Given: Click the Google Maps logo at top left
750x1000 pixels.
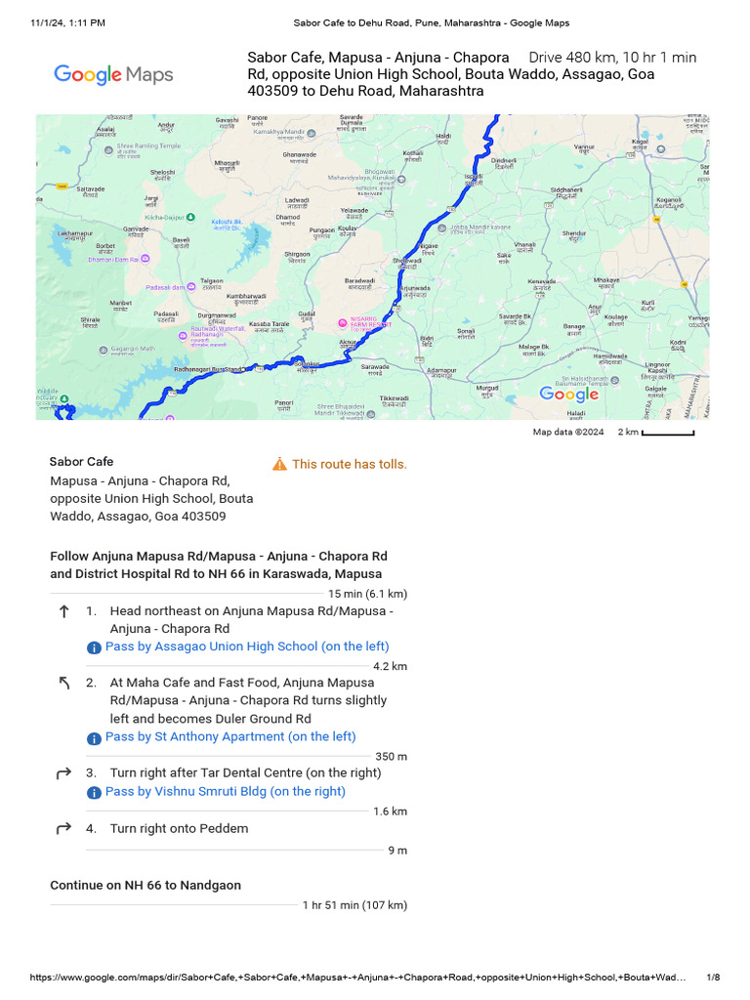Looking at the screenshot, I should click(x=113, y=74).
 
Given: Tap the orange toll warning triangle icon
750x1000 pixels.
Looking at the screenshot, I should click(x=279, y=464).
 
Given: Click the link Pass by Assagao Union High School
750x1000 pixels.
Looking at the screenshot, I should click(x=246, y=646).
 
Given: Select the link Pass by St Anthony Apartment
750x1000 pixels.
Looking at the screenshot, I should click(x=229, y=737).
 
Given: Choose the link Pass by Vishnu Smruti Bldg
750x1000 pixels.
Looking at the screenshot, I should click(x=225, y=792).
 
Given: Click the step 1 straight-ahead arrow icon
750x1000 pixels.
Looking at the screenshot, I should click(x=64, y=611).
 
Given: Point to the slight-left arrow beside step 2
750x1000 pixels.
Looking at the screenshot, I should click(x=64, y=684).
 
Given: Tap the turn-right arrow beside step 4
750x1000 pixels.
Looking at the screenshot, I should click(x=64, y=829).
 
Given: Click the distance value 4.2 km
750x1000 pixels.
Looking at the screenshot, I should click(x=390, y=666).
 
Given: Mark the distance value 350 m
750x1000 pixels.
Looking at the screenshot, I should click(x=391, y=757).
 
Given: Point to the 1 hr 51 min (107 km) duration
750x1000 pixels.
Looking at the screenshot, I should click(x=354, y=905).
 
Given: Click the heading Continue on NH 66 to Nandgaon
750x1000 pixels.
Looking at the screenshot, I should click(x=146, y=886).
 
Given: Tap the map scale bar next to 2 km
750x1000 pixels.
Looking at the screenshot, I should click(x=668, y=433).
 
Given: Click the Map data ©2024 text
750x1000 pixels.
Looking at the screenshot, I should click(x=568, y=433).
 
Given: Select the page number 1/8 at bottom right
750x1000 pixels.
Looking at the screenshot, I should click(x=713, y=978).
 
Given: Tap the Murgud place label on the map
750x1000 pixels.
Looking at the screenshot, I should click(x=486, y=388).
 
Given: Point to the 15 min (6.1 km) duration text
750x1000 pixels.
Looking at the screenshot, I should click(x=367, y=594).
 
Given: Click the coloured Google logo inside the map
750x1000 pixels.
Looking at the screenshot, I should click(x=569, y=395).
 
